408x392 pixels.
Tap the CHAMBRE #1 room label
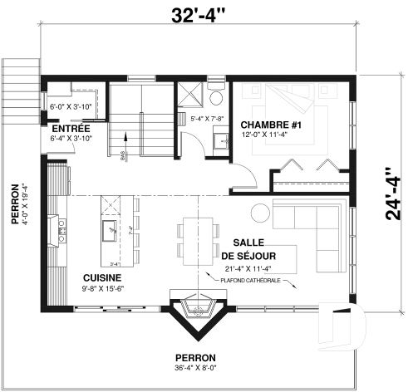(263, 124)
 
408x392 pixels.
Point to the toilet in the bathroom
(216, 98)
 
